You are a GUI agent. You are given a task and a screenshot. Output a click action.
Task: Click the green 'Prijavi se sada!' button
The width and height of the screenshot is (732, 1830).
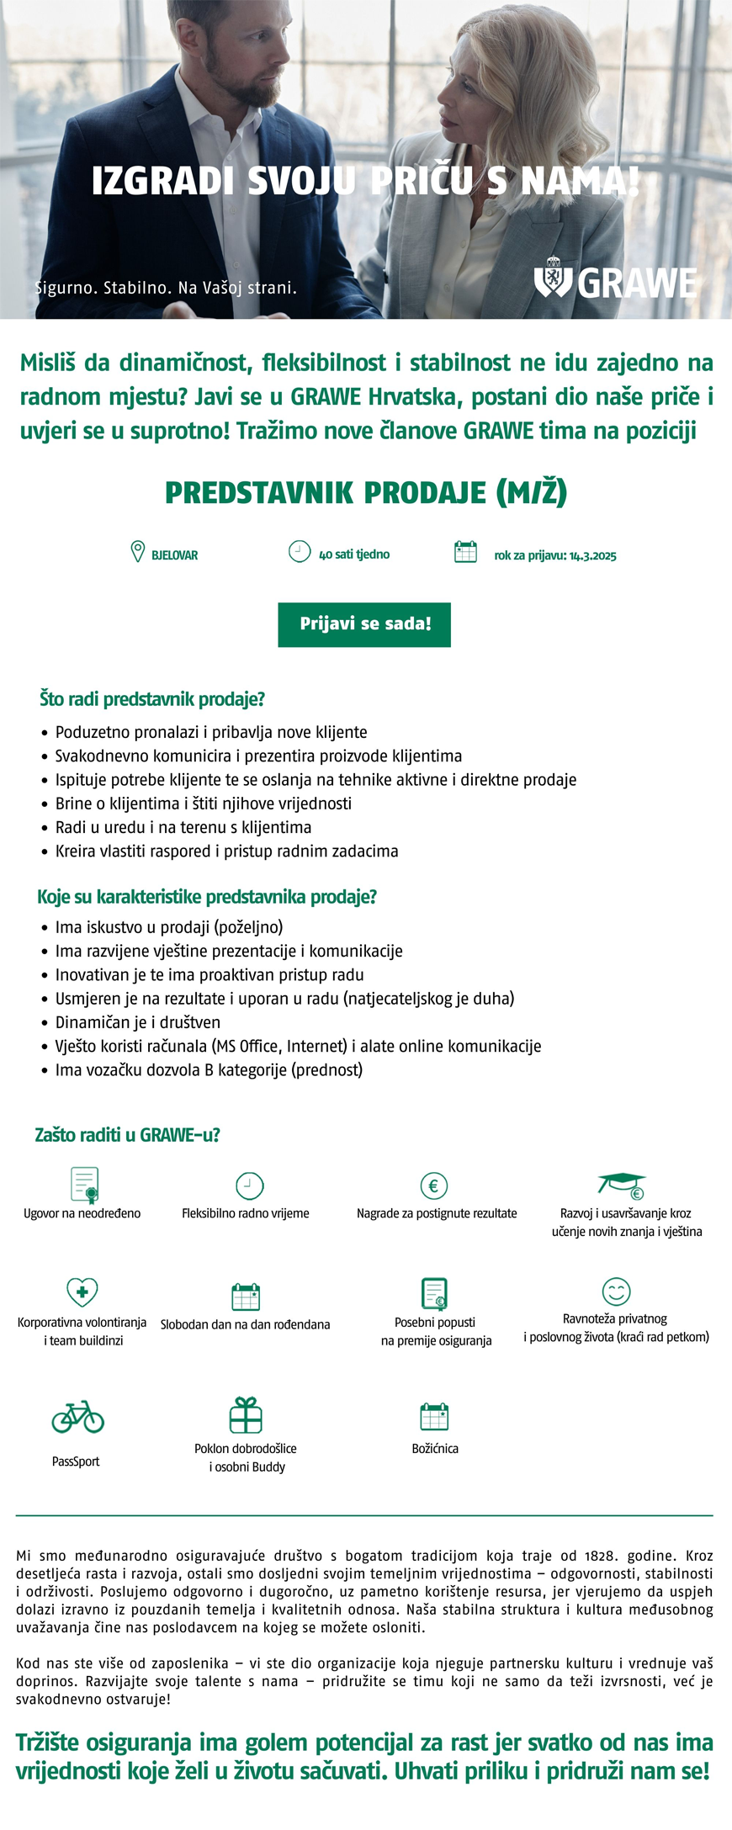point(364,624)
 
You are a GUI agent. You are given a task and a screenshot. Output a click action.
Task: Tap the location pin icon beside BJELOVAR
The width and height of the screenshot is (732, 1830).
point(138,552)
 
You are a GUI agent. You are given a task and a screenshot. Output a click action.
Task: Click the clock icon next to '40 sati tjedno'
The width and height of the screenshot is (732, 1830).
point(300,552)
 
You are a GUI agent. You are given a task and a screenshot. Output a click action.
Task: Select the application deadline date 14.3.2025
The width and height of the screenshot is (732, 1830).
point(592,556)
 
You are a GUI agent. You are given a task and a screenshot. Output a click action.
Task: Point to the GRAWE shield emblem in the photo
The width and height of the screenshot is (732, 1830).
point(553,278)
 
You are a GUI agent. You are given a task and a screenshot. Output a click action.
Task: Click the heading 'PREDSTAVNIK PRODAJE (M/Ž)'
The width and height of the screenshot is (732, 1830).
point(366,492)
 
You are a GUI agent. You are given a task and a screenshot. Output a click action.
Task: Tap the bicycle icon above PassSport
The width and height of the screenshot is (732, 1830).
point(77,1417)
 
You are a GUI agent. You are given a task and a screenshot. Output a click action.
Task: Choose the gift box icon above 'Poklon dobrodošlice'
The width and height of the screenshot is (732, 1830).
point(246,1415)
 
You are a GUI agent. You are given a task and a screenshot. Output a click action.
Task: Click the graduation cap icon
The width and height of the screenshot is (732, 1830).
point(622,1185)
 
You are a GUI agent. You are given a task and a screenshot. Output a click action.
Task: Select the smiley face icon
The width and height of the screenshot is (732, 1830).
point(616,1292)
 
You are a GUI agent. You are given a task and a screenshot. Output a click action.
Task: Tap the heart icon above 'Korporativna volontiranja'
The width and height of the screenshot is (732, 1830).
point(82,1292)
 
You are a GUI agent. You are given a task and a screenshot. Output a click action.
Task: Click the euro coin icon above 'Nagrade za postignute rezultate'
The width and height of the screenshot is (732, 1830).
point(434,1186)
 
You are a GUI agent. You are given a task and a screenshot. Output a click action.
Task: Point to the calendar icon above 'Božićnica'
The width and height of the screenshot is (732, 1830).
point(434,1417)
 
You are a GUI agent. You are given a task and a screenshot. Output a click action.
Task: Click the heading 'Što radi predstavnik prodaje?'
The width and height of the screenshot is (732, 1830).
point(152,699)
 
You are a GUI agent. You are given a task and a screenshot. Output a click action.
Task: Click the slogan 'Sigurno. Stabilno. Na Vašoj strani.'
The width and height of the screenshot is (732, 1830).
point(166,288)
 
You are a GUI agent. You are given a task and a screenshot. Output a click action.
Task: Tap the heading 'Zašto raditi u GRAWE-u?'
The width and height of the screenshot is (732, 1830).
point(127,1135)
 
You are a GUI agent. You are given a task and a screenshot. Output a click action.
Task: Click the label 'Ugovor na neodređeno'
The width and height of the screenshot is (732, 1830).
point(82,1213)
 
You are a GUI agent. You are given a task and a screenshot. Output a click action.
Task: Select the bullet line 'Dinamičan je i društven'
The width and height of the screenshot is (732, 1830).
point(138,1022)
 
